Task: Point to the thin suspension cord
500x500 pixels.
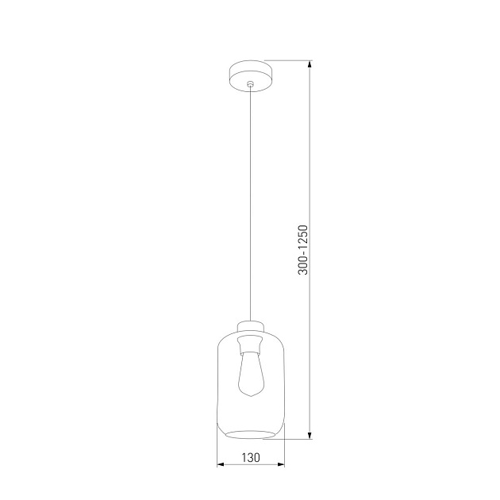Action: [x=250, y=198]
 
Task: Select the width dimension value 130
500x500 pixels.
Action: [x=250, y=457]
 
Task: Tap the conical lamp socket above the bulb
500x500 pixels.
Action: [x=250, y=343]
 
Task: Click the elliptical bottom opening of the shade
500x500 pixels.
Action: [x=250, y=433]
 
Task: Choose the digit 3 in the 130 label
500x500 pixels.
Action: [x=250, y=457]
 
